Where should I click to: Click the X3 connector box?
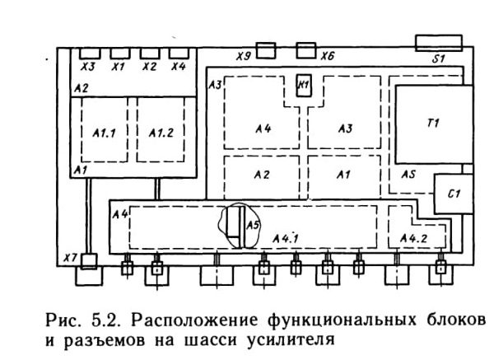[x=90, y=54]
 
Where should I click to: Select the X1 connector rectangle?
[x=120, y=54]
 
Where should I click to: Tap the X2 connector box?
[x=150, y=54]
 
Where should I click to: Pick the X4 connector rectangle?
[x=179, y=54]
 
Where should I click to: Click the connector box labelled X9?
[x=266, y=51]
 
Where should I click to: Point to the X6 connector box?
[x=306, y=50]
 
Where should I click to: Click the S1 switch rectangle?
[x=439, y=43]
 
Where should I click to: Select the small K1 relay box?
[x=304, y=86]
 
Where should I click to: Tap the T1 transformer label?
[x=434, y=123]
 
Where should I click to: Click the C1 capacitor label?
[x=454, y=194]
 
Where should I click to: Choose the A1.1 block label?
[x=105, y=133]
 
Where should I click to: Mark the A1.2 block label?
[x=161, y=133]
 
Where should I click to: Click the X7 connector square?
[x=89, y=262]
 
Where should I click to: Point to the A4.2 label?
[x=413, y=239]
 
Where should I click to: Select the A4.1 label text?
[x=286, y=239]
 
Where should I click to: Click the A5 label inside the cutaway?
[x=253, y=225]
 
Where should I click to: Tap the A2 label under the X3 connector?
[x=82, y=89]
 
